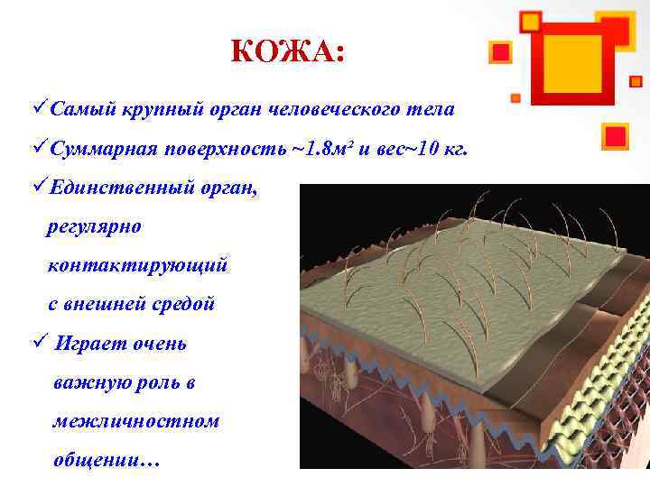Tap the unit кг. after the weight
click(x=453, y=149)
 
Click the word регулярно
click(x=94, y=226)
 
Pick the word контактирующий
click(x=137, y=265)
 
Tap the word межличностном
click(x=135, y=421)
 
